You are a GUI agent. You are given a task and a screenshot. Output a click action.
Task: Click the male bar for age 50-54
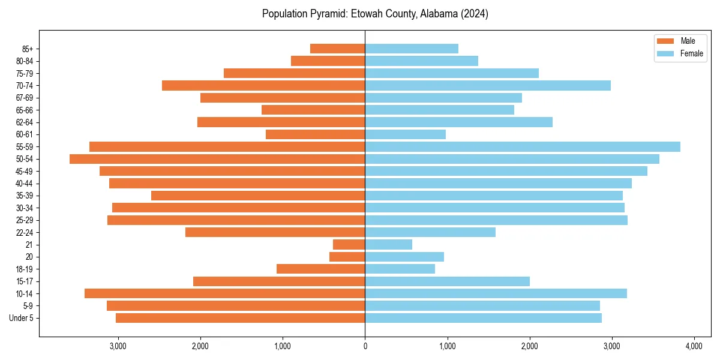tap(217, 159)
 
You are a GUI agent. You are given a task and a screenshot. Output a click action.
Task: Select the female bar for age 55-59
tap(523, 146)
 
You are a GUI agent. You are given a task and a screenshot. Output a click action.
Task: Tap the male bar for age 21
tap(349, 244)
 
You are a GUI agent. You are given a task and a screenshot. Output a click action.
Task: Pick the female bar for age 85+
tap(412, 49)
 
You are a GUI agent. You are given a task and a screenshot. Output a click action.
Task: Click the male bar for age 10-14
tap(225, 293)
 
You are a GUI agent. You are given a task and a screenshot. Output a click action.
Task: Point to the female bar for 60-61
tap(405, 134)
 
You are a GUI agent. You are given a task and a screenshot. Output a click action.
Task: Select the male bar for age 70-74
tap(263, 85)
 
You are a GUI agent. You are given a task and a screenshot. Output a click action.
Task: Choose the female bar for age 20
tap(404, 257)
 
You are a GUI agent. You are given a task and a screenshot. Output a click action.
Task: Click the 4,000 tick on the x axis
tap(694, 346)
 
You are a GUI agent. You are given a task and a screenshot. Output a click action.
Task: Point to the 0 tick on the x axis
tap(365, 346)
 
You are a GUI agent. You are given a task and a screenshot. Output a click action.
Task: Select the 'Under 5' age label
tap(21, 318)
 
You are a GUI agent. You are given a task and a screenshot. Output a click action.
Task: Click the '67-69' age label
tap(25, 98)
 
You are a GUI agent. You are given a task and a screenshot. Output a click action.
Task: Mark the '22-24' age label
tap(25, 232)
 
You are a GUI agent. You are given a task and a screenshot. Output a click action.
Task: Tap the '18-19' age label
tap(25, 269)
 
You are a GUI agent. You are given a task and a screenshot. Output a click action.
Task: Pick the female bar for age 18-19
tap(400, 269)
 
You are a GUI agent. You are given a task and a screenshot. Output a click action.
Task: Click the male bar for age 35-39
tap(258, 196)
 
